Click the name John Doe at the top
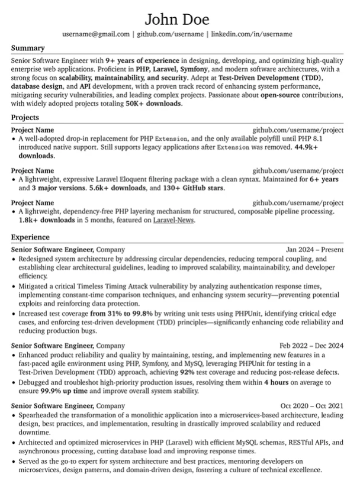[179, 16]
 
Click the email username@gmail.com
[95, 35]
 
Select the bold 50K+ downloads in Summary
[153, 103]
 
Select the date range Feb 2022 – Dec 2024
[311, 345]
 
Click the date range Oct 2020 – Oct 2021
[312, 405]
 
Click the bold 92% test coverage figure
[188, 372]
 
